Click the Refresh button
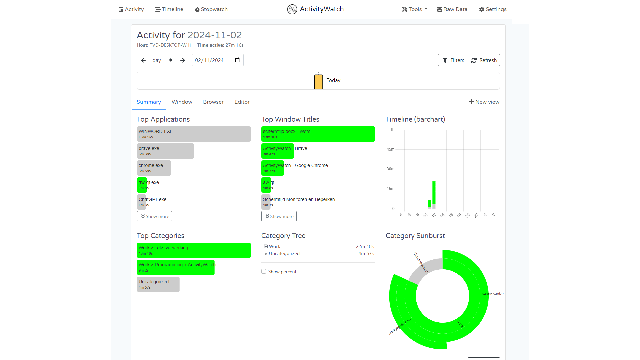click(x=484, y=60)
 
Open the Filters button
click(x=453, y=60)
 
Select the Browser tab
click(x=213, y=102)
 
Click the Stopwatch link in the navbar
click(x=211, y=9)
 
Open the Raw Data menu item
click(x=452, y=9)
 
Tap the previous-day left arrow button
click(x=143, y=60)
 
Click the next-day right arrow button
click(x=183, y=60)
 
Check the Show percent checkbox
click(x=264, y=272)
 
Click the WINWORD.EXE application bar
click(x=193, y=134)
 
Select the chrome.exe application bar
click(x=154, y=168)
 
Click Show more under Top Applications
click(x=154, y=216)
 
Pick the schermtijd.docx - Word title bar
click(x=318, y=134)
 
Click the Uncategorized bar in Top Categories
click(x=158, y=284)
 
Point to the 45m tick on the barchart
click(x=390, y=149)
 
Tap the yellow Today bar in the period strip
click(x=318, y=82)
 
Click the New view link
click(x=484, y=102)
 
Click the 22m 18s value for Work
click(x=364, y=247)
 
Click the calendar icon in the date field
click(x=237, y=60)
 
